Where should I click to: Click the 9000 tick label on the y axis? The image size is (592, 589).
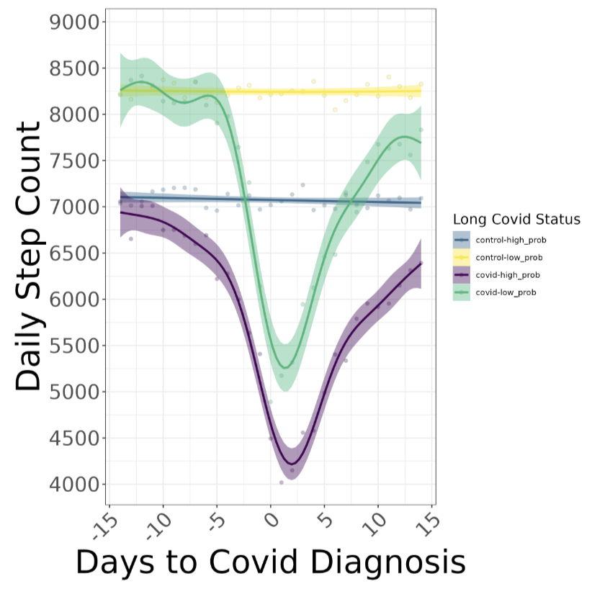click(x=73, y=22)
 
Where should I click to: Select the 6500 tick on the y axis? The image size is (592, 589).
click(x=73, y=253)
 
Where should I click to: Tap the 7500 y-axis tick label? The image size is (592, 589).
click(x=73, y=161)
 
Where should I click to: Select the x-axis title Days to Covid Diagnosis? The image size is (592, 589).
click(x=271, y=563)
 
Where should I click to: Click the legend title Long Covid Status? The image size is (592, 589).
click(x=516, y=220)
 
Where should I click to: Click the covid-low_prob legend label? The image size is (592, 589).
click(x=506, y=292)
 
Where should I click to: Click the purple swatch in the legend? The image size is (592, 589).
click(x=462, y=275)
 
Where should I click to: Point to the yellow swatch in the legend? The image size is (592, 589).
click(x=462, y=257)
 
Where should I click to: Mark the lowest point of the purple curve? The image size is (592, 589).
click(x=292, y=464)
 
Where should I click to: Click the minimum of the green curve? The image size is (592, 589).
click(x=286, y=368)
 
